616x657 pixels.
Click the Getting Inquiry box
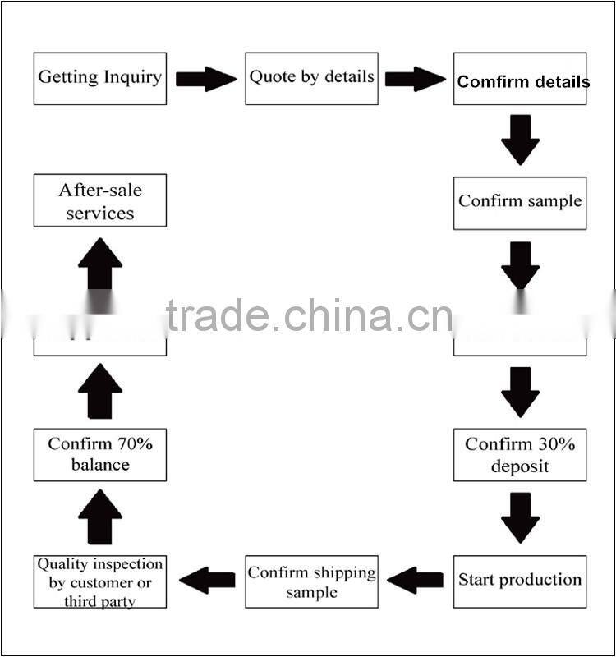coord(100,79)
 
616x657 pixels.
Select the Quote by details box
coord(311,79)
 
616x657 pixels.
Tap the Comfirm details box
coord(520,79)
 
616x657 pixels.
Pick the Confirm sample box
coord(520,203)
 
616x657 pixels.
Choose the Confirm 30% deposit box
coord(520,454)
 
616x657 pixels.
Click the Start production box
coord(520,581)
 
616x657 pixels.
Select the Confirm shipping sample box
coord(311,581)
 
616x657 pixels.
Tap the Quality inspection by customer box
coord(100,581)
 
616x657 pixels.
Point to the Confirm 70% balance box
coord(100,454)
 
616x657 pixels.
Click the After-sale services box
coord(100,200)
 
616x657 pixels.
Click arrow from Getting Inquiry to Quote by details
coord(205,79)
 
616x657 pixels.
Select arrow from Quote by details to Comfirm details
coord(415,79)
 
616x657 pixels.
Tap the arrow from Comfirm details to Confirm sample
coord(520,140)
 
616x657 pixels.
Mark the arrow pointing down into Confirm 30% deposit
coord(520,392)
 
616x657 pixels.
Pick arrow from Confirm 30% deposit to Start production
coord(520,517)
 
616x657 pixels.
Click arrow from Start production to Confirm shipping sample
coord(415,581)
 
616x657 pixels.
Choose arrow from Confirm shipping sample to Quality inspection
coord(206,581)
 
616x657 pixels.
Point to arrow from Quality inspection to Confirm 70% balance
coord(100,517)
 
